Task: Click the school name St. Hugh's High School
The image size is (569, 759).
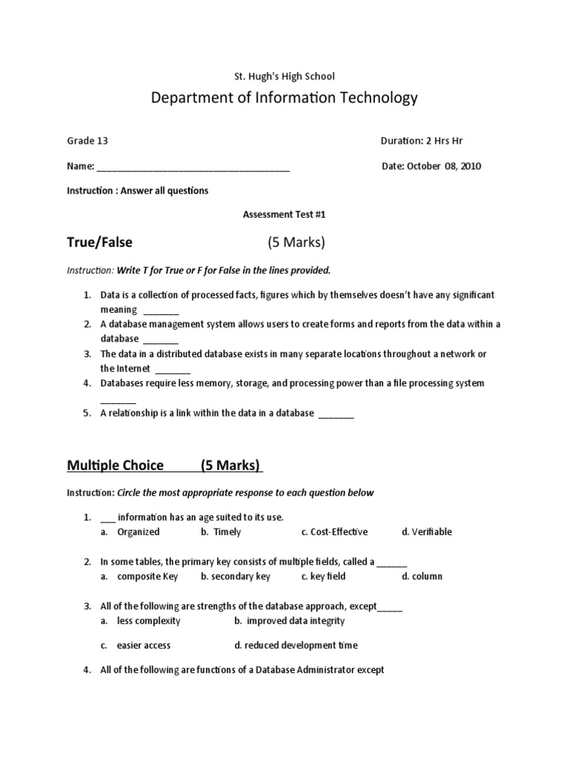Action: point(284,76)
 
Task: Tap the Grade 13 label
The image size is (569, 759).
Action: point(82,141)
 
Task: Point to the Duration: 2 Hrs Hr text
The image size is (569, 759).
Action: point(422,141)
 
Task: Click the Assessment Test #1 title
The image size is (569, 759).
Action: point(284,215)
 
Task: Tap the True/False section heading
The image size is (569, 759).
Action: point(100,242)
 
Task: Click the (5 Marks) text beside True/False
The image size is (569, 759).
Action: point(296,242)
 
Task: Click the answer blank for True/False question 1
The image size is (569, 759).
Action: point(161,311)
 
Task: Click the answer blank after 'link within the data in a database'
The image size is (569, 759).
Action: point(336,414)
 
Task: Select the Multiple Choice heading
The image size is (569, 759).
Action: point(116,465)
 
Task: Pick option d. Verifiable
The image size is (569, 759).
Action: point(427,532)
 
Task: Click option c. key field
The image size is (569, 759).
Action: point(324,577)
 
